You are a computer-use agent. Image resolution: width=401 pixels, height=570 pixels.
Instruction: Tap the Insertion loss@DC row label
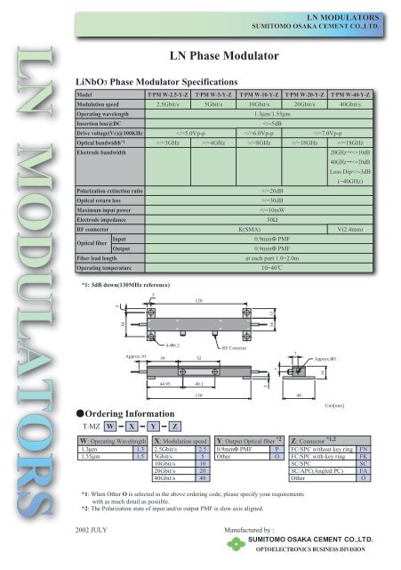102,123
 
